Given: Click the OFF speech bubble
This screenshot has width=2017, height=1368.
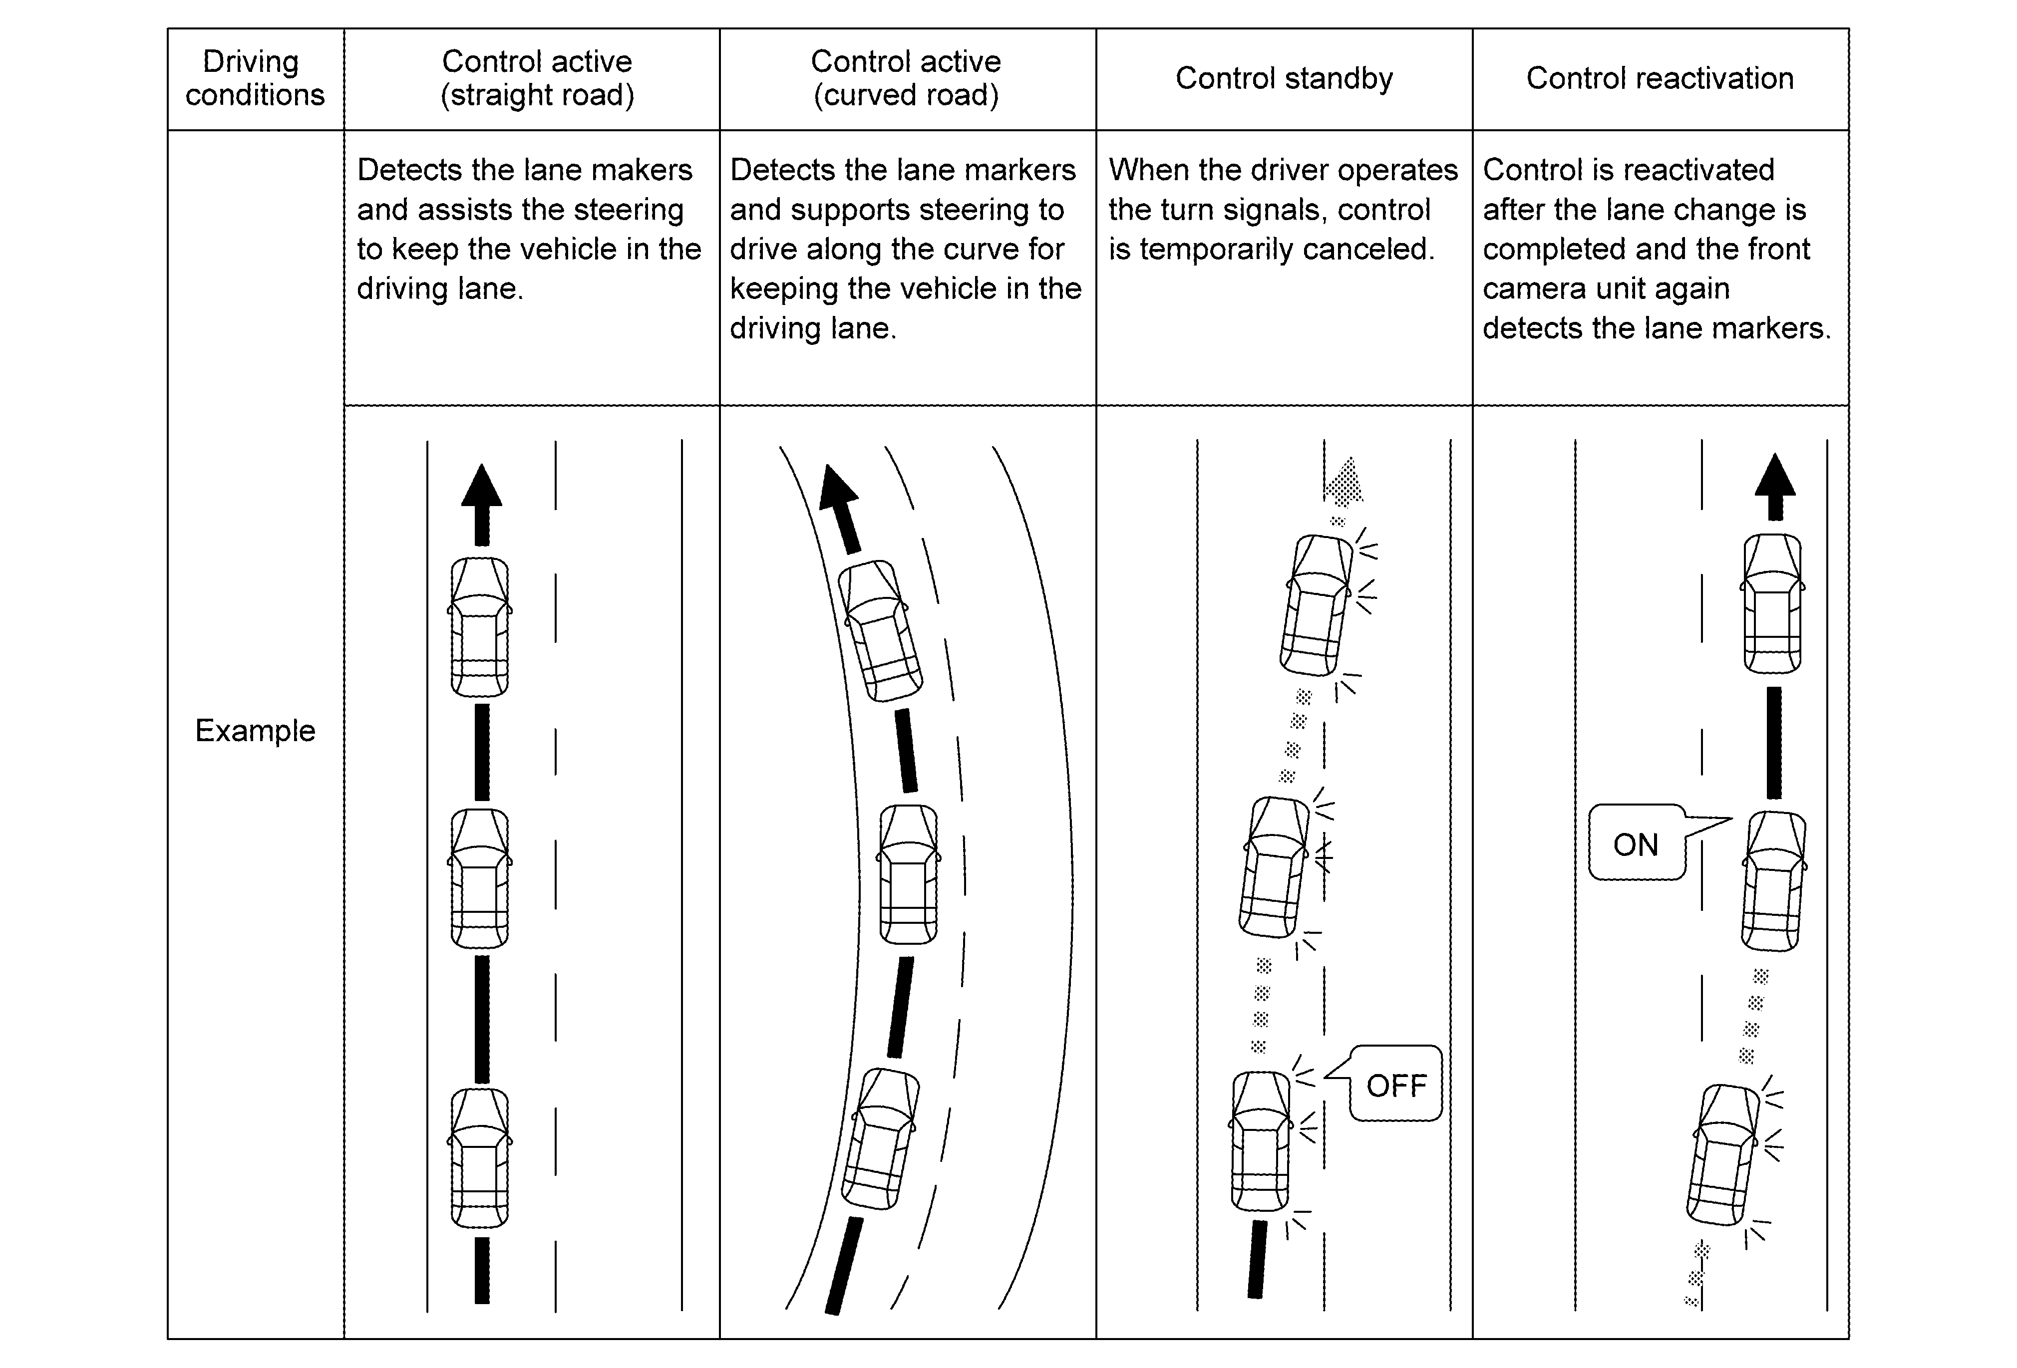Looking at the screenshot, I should [x=1395, y=1085].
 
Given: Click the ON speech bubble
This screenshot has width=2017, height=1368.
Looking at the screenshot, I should [x=1636, y=844].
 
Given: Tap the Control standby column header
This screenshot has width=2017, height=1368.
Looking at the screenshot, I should [x=1284, y=78].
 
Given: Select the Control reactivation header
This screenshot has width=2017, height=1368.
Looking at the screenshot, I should [x=1660, y=78].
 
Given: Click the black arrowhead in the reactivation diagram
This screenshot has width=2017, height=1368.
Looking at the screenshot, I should [x=1775, y=477].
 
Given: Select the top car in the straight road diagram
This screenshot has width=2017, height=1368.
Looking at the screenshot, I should [x=480, y=626].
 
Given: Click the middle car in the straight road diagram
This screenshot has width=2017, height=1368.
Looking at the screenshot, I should [x=480, y=878].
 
